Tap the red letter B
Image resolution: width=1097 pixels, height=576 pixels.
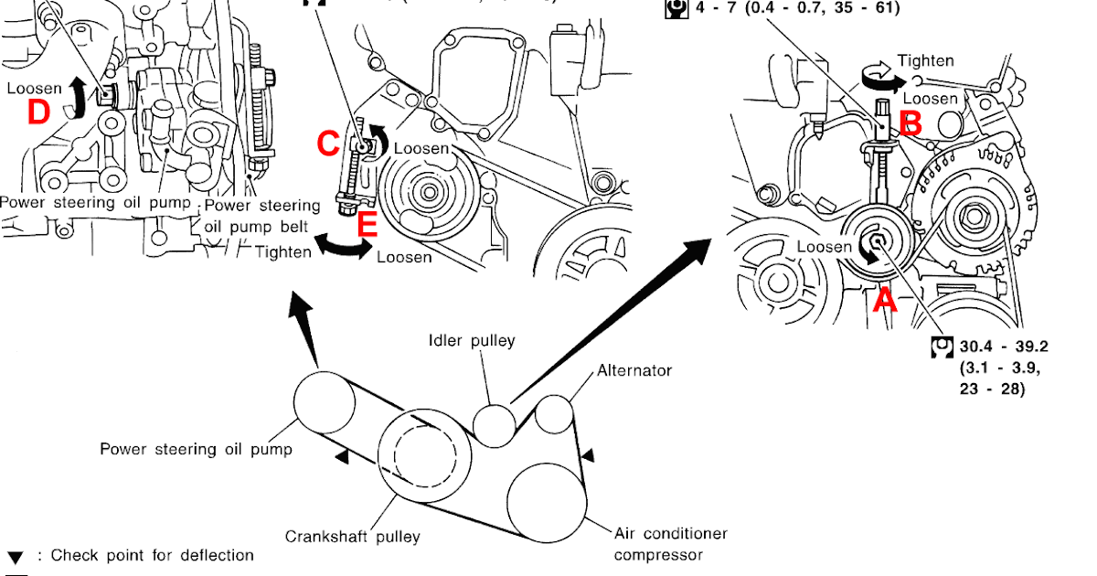click(911, 123)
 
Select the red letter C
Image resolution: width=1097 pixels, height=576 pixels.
click(329, 143)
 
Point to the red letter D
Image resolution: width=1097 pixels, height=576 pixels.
click(37, 112)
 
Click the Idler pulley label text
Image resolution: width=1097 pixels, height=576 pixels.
click(472, 341)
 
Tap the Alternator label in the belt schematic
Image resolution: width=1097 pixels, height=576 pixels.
click(634, 370)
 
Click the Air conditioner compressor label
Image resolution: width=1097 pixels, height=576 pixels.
click(670, 544)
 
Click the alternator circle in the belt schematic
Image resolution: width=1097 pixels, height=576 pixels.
click(554, 413)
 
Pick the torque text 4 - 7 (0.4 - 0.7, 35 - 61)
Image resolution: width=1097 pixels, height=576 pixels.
click(794, 8)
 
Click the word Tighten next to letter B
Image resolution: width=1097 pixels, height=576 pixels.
click(925, 61)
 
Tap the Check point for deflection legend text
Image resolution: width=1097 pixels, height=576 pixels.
click(152, 555)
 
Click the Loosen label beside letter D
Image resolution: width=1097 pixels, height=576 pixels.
click(34, 89)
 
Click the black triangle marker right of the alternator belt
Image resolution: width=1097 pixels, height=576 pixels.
click(590, 453)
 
